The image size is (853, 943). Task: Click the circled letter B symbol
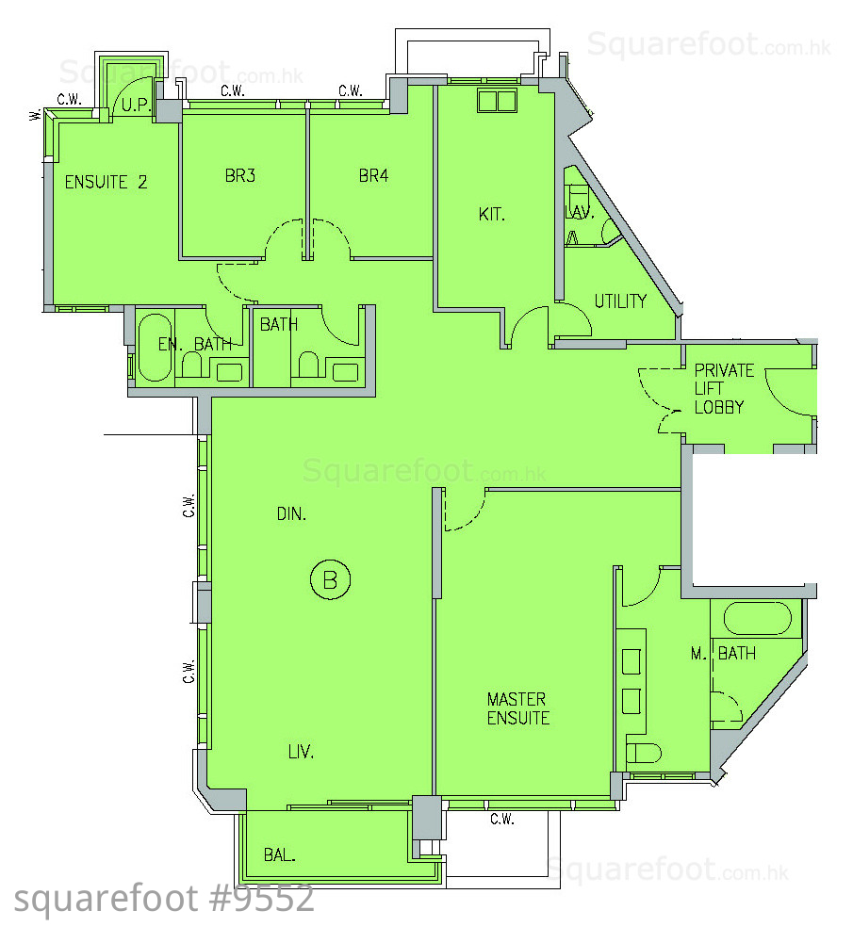330,579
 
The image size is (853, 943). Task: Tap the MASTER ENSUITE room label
518,708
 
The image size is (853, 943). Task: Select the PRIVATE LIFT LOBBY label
724,388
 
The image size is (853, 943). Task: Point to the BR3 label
240,175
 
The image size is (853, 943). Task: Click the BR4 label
373,175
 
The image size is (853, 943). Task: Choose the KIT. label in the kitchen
491,214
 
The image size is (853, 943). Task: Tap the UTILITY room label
620,301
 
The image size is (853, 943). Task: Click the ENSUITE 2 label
106,182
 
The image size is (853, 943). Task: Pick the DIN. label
291,514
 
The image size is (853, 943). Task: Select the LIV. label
301,751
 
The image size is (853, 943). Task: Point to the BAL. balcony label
280,854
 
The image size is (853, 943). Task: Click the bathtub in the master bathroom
757,618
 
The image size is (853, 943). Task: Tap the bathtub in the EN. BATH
155,348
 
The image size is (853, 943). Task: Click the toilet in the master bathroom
644,753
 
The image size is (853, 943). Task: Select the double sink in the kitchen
497,101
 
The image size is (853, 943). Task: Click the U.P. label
136,106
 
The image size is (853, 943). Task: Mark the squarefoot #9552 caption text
164,899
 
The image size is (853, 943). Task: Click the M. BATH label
723,653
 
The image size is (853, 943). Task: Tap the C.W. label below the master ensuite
502,819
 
